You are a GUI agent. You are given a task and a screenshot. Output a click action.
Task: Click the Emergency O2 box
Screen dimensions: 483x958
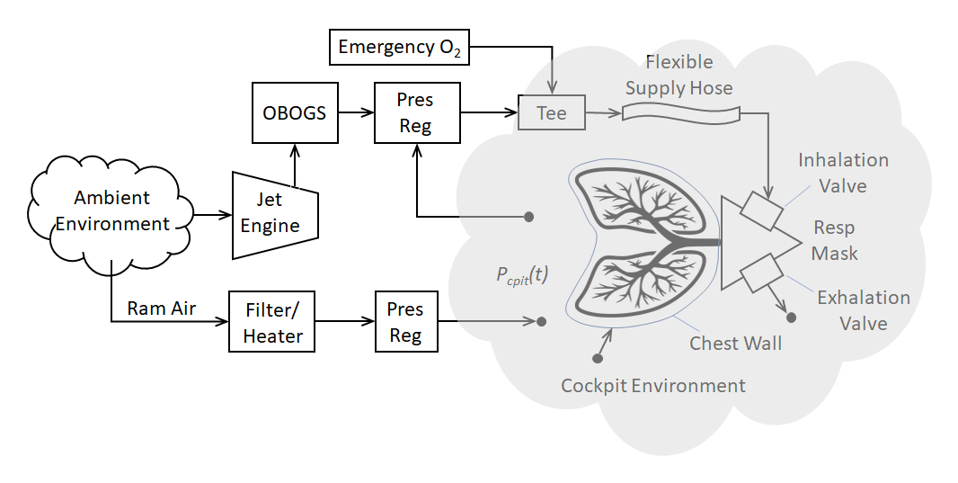click(x=398, y=47)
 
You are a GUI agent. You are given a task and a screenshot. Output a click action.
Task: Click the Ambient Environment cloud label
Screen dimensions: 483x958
click(x=112, y=210)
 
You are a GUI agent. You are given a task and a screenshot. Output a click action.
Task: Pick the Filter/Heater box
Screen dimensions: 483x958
click(x=273, y=323)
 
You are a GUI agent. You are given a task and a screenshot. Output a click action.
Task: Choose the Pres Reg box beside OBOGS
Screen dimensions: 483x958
click(x=416, y=113)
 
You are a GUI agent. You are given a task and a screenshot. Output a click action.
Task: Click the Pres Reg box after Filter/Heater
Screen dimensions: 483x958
click(x=405, y=322)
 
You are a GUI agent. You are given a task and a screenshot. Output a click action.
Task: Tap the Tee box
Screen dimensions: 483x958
click(x=551, y=113)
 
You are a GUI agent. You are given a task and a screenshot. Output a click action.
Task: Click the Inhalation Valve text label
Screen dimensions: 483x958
click(x=843, y=173)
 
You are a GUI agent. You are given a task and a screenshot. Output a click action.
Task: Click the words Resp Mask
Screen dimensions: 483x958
click(x=834, y=240)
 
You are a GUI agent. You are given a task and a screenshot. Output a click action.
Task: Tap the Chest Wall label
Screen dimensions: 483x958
click(x=735, y=343)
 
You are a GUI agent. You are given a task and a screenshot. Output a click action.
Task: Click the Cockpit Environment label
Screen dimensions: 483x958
click(x=653, y=386)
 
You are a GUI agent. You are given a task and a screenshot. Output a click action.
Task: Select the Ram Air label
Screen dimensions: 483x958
click(x=161, y=309)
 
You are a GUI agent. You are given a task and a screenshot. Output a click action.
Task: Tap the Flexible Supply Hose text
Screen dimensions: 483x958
click(x=679, y=75)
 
